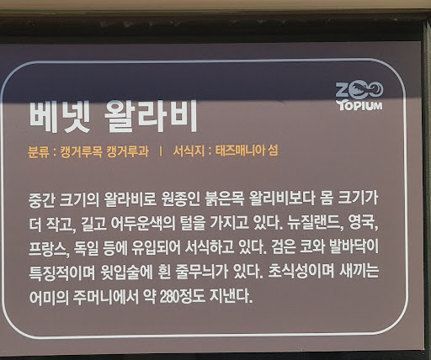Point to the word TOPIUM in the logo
pos(359,105)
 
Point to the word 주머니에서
pos(112,298)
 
